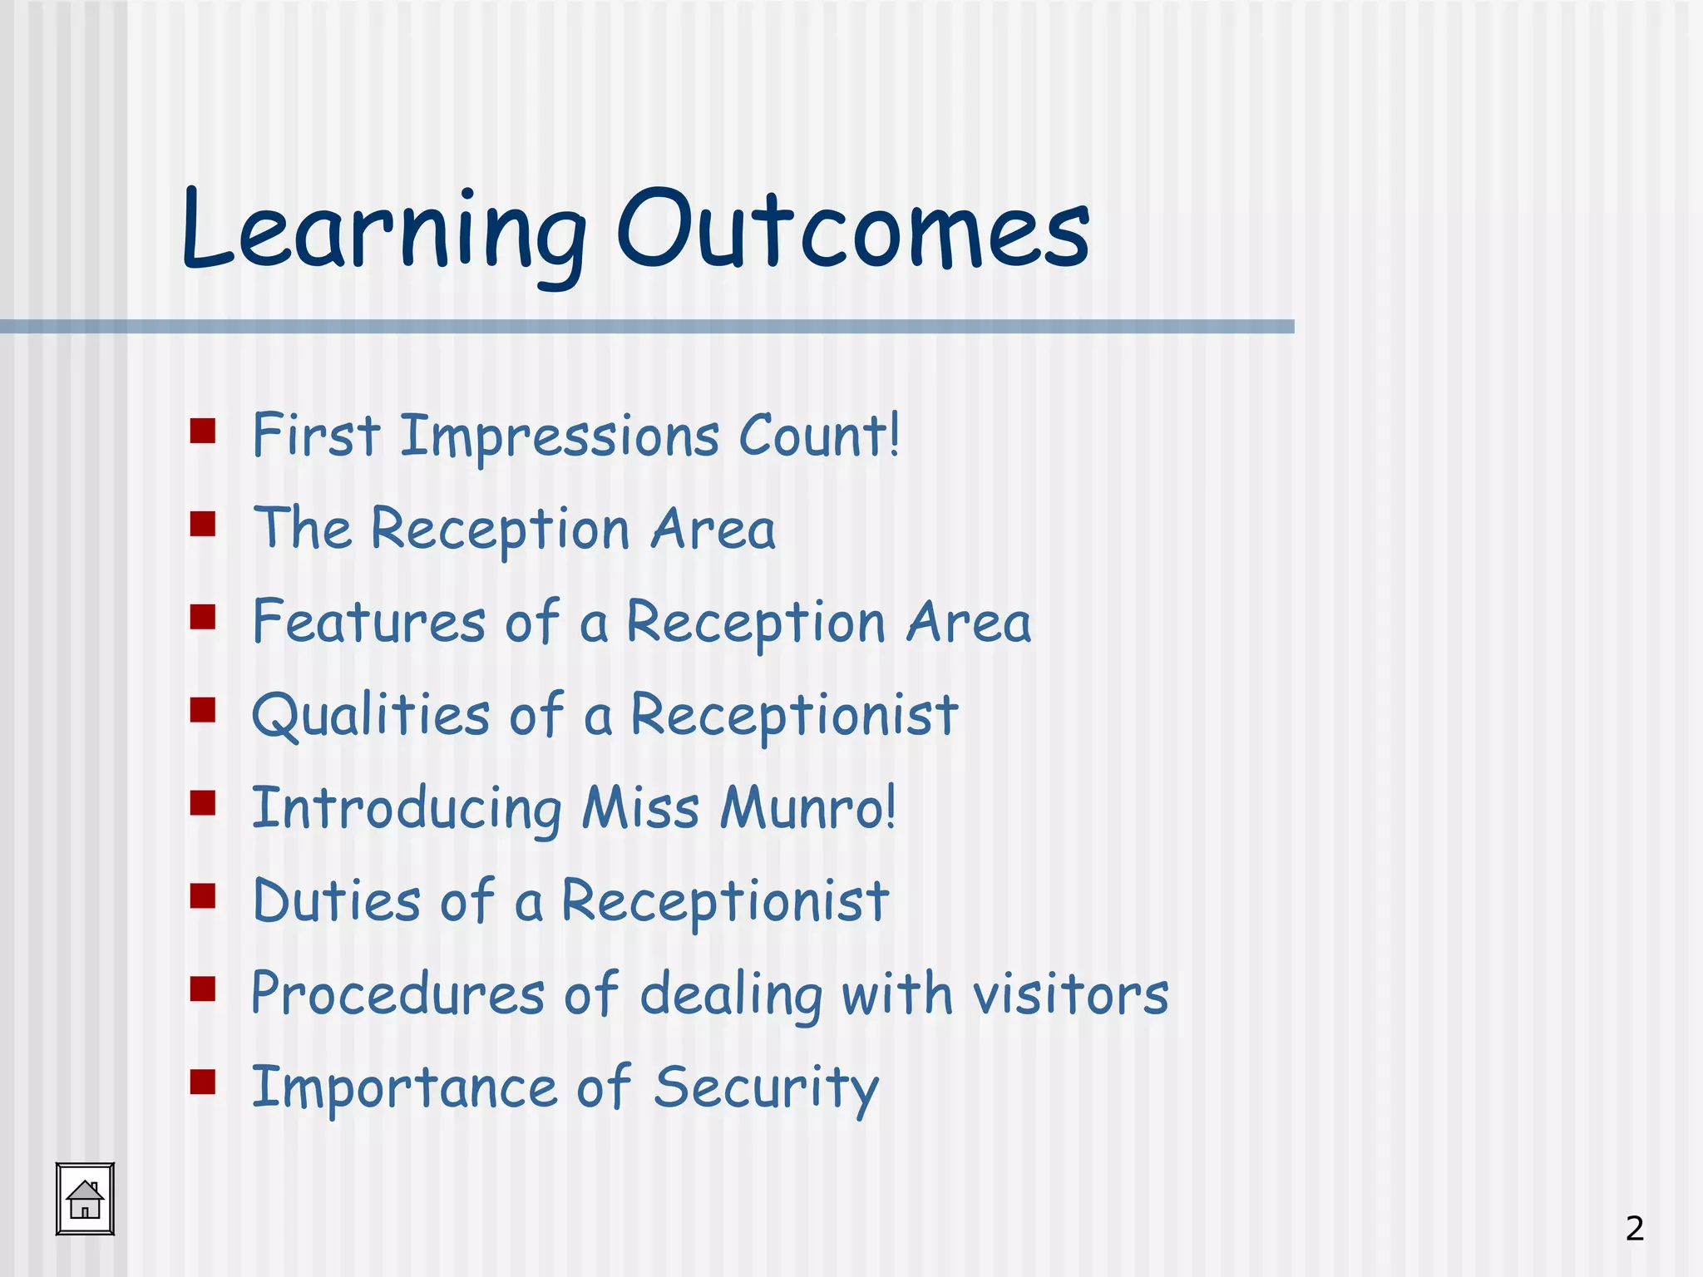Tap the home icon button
(x=85, y=1199)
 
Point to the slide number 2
(x=1634, y=1228)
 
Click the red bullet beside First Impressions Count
(x=203, y=431)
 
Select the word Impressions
(x=560, y=436)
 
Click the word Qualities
(x=371, y=715)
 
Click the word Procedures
(x=397, y=994)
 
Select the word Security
(x=766, y=1088)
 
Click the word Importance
(x=404, y=1088)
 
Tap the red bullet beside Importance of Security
(x=203, y=1082)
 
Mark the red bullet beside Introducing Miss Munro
(x=203, y=802)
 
